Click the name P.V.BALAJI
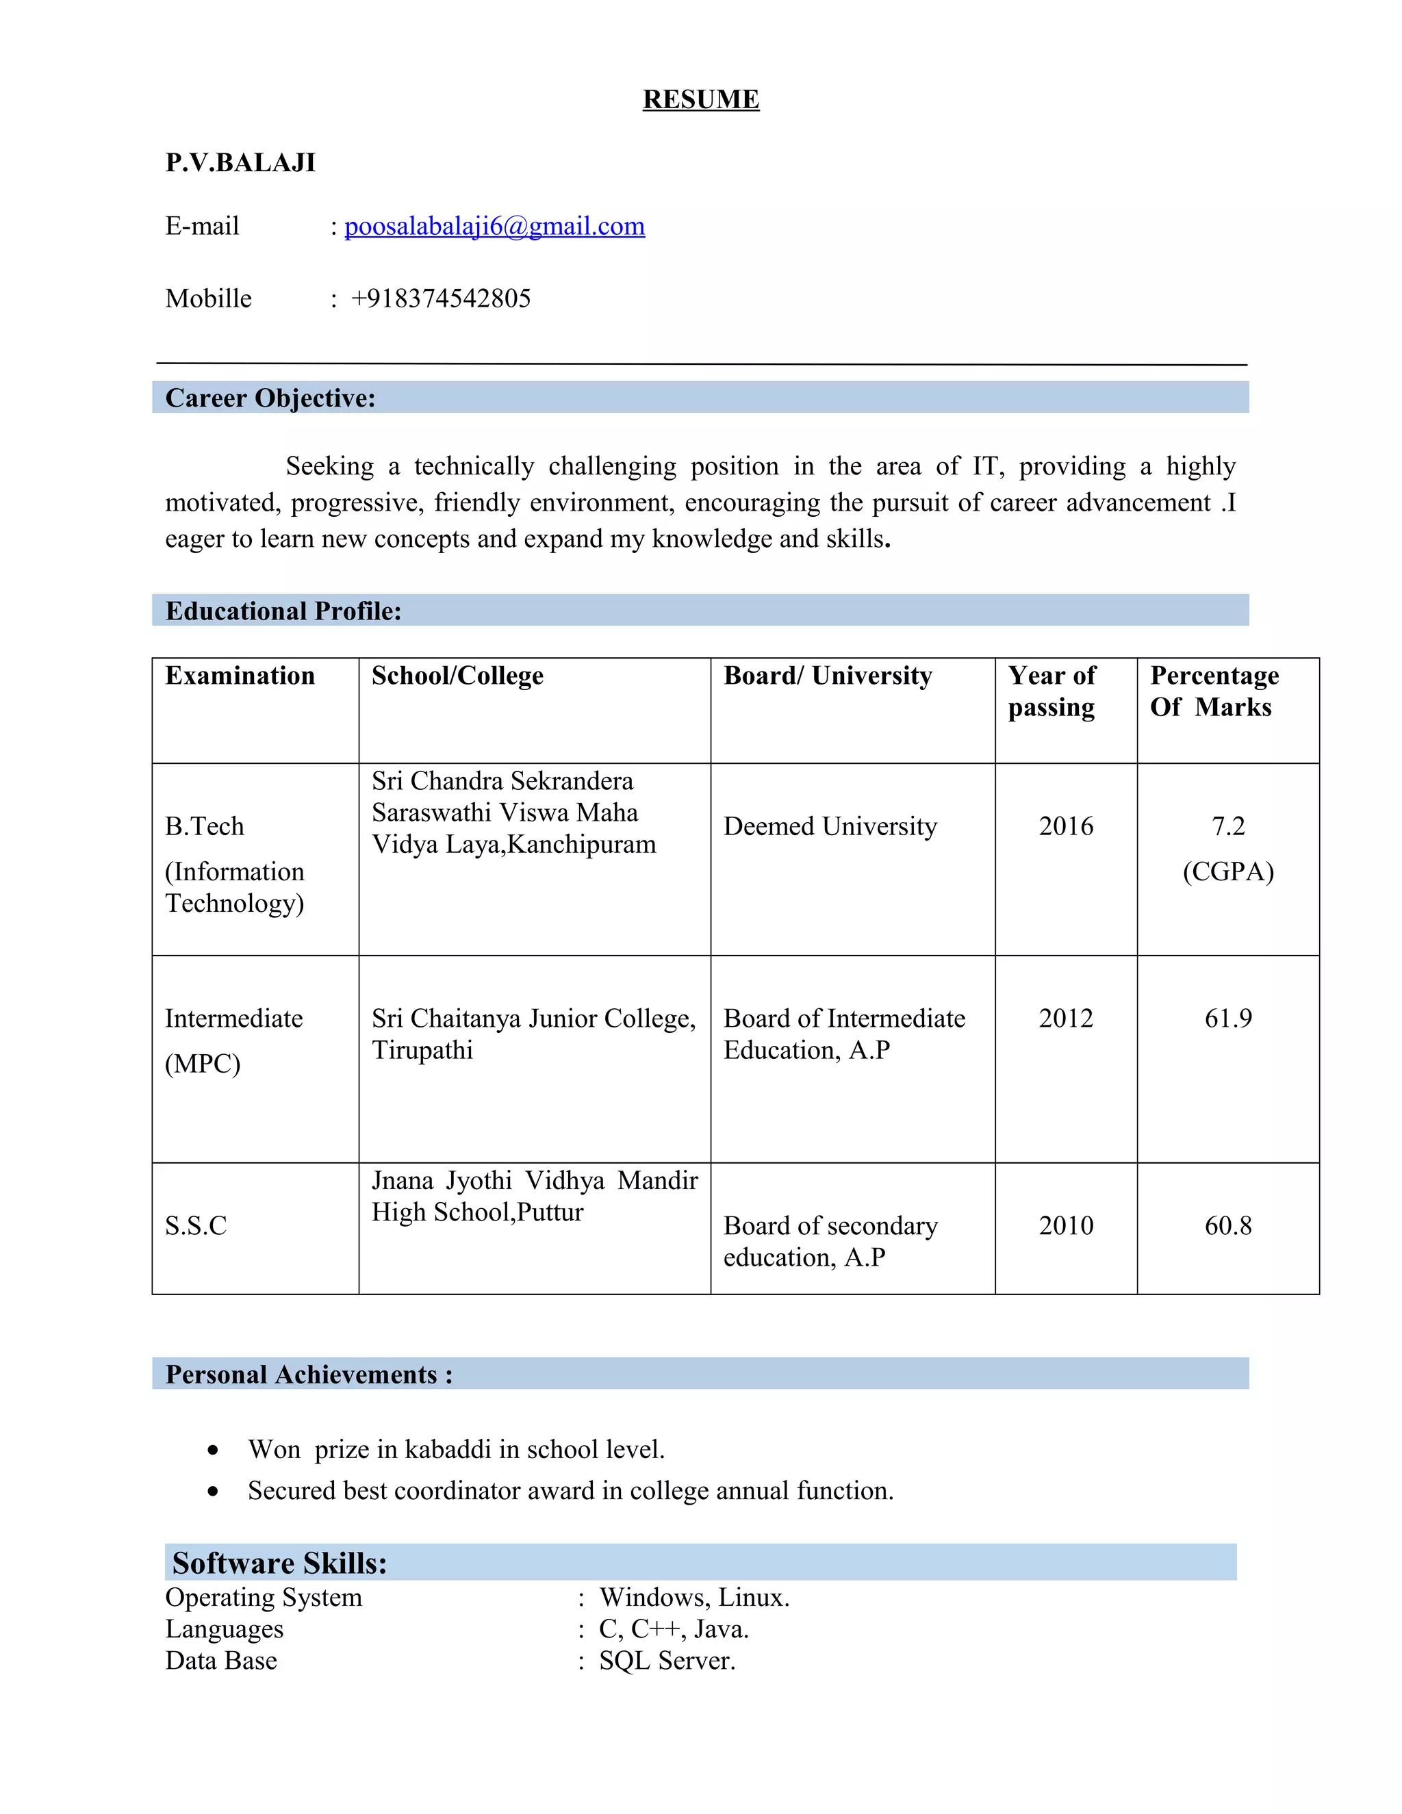coord(240,162)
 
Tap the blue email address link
coord(494,226)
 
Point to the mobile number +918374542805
coord(440,298)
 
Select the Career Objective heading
coord(270,398)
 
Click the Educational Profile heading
coord(283,611)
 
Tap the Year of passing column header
coord(1051,691)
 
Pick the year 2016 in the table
coord(1066,826)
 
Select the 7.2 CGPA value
coord(1227,826)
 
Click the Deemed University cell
coord(830,826)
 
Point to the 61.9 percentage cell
coord(1227,1019)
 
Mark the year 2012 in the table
coord(1066,1019)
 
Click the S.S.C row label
coord(196,1225)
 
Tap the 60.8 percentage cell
coord(1227,1225)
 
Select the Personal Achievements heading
coord(309,1375)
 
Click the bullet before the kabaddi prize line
coord(214,1451)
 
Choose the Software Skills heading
coord(279,1563)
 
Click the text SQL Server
coord(667,1661)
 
